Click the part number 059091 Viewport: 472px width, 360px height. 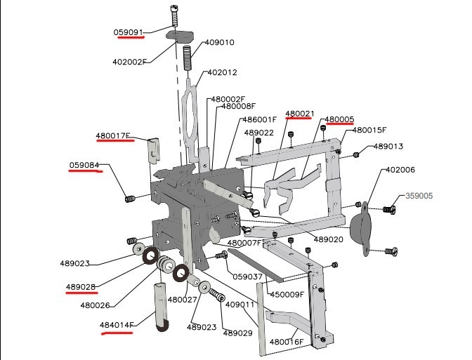click(x=129, y=32)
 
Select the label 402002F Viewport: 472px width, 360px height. click(x=130, y=62)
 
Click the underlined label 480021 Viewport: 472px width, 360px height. click(x=299, y=113)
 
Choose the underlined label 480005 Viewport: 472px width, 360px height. click(x=339, y=119)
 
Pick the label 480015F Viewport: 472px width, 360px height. click(x=369, y=130)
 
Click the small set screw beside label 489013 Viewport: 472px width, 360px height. click(x=357, y=154)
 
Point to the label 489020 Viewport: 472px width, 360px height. click(x=328, y=239)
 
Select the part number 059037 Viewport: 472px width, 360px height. click(x=247, y=276)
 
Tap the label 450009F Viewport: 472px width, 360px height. click(x=287, y=295)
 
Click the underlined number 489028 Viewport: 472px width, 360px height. click(x=81, y=287)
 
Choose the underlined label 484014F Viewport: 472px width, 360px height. click(x=117, y=326)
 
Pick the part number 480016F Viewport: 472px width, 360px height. click(x=287, y=342)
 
